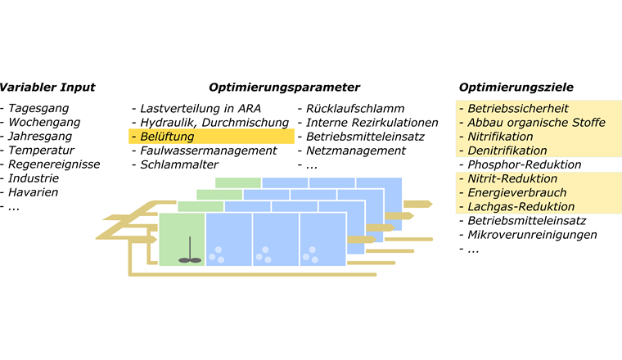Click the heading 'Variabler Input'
(x=47, y=88)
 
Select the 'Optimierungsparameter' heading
(x=284, y=88)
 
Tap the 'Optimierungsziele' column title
(x=516, y=88)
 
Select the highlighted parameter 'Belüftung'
(x=167, y=137)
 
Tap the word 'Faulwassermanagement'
(x=208, y=151)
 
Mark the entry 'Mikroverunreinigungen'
(x=532, y=235)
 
